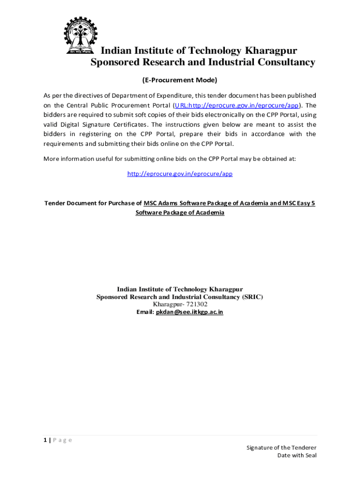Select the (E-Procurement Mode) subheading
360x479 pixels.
pos(180,80)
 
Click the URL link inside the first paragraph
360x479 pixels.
pos(237,105)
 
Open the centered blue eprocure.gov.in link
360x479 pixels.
pos(180,174)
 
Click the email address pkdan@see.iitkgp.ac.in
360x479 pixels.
pos(189,312)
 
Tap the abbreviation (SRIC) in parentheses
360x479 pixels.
pos(253,297)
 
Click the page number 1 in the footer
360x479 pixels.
pos(45,440)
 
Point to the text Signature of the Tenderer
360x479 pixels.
pos(281,448)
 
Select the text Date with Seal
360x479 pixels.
pos(297,456)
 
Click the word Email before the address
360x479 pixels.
pos(144,312)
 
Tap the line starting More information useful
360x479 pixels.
pos(169,159)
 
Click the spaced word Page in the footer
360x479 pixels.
pos(63,440)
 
